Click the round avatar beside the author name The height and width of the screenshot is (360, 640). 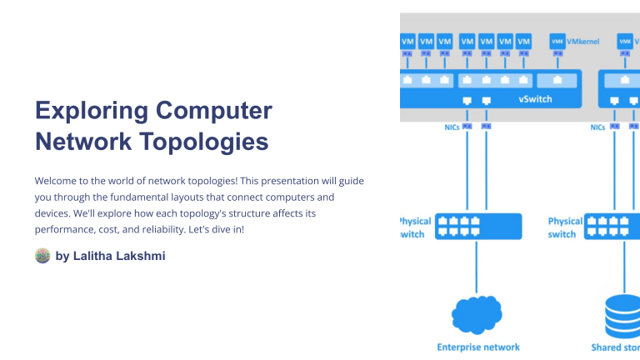[x=42, y=256]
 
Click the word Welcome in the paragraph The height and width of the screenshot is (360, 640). [x=57, y=181]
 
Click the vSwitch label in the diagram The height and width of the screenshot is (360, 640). [x=535, y=98]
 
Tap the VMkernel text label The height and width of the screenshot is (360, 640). [x=583, y=40]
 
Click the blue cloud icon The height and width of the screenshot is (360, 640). [x=477, y=313]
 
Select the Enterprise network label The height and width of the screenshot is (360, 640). [x=477, y=347]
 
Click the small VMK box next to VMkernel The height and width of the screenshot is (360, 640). [x=557, y=41]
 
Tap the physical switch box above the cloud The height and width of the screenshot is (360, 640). [x=478, y=227]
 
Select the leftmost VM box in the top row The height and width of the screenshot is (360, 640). [x=407, y=41]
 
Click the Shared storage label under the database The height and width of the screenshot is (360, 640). [x=615, y=347]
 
